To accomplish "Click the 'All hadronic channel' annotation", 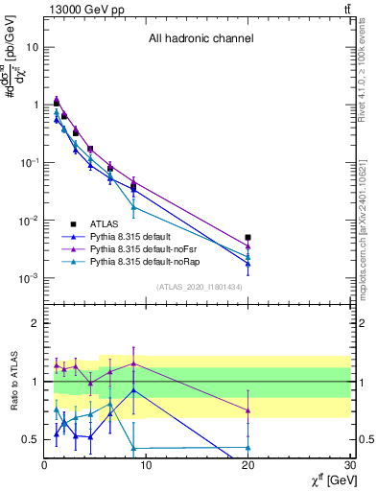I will [x=200, y=39].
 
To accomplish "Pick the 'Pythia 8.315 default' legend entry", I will [x=141, y=234].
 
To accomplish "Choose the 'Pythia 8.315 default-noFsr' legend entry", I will [x=153, y=247].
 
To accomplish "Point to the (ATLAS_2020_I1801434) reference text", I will [x=199, y=288].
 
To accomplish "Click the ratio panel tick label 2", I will [x=35, y=324].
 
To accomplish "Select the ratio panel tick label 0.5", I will [x=29, y=439].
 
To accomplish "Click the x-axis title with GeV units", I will [x=327, y=479].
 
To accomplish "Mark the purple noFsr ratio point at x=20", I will [x=248, y=409].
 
